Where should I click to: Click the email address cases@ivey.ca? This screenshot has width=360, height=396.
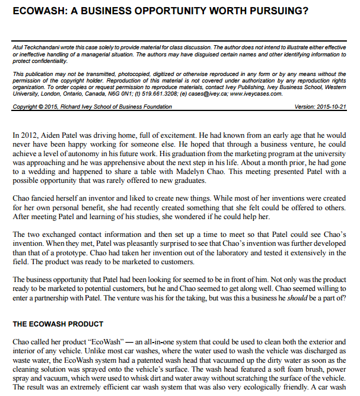pyautogui.click(x=200, y=93)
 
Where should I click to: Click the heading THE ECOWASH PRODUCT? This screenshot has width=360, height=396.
pyautogui.click(x=58, y=324)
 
